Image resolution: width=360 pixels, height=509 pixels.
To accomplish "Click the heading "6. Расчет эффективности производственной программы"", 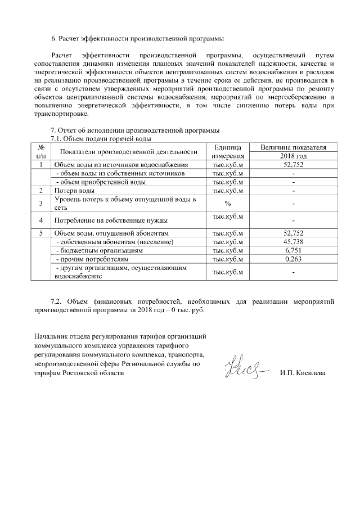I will tap(137, 39).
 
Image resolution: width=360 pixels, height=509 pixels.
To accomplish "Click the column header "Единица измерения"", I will tap(228, 151).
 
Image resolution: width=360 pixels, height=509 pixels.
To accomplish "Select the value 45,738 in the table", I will tap(293, 241).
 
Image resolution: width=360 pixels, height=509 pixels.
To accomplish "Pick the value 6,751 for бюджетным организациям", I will tap(293, 250).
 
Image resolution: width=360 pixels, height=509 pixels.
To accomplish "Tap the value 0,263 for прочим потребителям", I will tap(293, 259).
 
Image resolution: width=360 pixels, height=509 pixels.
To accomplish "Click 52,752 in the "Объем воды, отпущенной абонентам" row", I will tap(293, 233).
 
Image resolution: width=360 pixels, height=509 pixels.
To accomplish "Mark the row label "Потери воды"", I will tap(70, 191).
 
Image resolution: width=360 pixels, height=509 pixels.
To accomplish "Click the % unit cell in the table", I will tap(228, 204).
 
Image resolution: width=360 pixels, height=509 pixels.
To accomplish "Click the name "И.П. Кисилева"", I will tap(303, 373).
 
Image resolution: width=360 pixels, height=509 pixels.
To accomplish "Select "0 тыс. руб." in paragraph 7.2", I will tap(188, 310).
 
